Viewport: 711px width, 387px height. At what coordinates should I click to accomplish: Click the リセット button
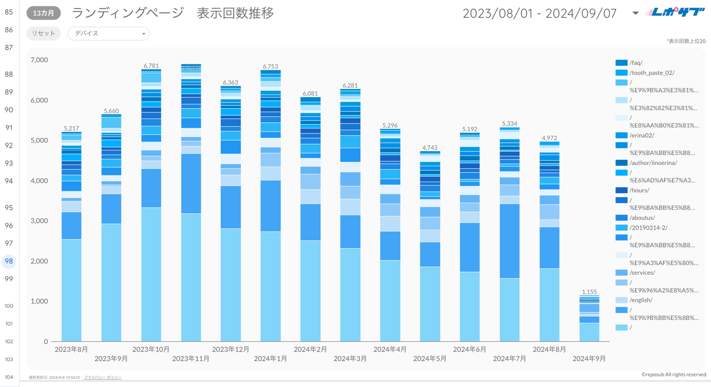click(x=44, y=33)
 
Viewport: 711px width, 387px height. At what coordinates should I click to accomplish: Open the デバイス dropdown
click(x=108, y=33)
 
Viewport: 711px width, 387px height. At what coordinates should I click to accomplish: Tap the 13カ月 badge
click(x=44, y=13)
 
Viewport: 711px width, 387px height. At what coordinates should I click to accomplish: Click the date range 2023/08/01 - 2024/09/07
click(x=540, y=13)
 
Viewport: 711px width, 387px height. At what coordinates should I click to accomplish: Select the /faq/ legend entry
click(x=636, y=63)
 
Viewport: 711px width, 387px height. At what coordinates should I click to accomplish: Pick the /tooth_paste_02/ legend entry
click(x=651, y=73)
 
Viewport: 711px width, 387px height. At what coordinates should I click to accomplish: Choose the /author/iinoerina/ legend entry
click(x=653, y=163)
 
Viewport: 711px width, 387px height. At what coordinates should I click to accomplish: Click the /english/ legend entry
click(x=641, y=300)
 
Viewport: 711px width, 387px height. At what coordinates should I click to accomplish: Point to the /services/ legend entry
click(x=642, y=272)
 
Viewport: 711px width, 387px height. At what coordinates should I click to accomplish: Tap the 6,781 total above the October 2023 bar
click(x=151, y=65)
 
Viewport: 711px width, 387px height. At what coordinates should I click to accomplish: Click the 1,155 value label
click(x=589, y=291)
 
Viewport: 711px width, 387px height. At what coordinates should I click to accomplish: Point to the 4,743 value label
click(x=430, y=148)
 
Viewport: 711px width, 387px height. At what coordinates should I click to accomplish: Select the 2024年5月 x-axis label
click(x=430, y=358)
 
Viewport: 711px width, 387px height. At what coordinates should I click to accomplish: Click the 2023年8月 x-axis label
click(x=71, y=350)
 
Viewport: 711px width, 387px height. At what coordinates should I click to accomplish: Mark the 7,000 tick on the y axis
click(x=39, y=60)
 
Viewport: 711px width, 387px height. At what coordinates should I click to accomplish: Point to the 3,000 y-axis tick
click(x=39, y=221)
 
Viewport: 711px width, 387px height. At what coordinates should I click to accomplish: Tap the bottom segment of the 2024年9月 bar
click(x=589, y=332)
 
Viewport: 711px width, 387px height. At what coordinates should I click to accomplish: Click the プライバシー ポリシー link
click(x=103, y=378)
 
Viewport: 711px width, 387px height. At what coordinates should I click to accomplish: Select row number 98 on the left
click(x=9, y=261)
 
